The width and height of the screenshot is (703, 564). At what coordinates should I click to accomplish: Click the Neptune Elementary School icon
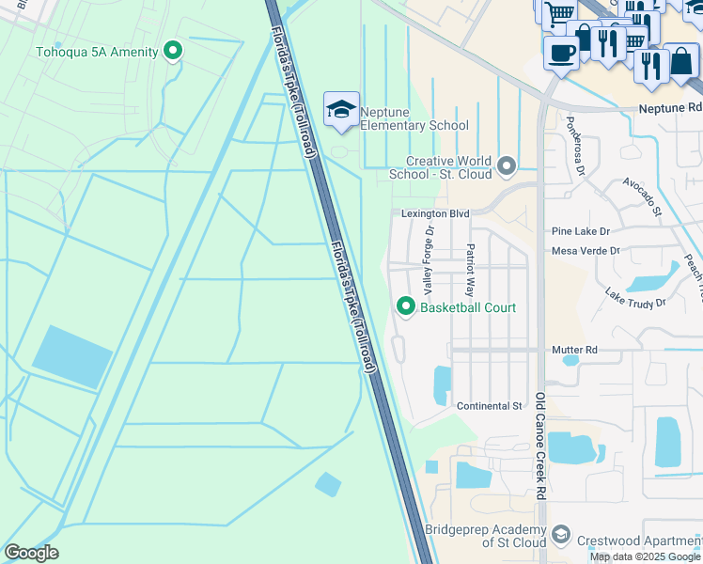coord(342,110)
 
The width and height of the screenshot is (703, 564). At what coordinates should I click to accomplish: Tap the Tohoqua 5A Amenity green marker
coord(172,51)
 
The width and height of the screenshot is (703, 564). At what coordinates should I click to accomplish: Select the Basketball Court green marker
coord(406,306)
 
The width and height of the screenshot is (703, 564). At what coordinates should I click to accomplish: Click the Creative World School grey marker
coord(508,167)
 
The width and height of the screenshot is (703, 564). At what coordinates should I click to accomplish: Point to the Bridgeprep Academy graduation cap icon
coord(561,536)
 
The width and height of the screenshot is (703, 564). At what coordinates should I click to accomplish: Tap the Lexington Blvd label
coord(434,214)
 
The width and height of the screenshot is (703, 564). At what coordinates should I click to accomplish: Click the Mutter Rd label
coord(575,350)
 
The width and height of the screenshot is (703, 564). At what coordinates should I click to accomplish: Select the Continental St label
coord(489,406)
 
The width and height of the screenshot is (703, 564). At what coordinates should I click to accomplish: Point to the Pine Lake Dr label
coord(581,231)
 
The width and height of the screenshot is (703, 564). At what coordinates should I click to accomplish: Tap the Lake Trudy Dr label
coord(634,297)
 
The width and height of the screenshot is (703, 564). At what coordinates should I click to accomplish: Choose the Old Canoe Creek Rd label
coord(541,446)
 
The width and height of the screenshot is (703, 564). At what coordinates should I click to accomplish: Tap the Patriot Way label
coord(470,271)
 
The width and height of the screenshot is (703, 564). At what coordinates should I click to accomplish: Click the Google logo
coord(31,553)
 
